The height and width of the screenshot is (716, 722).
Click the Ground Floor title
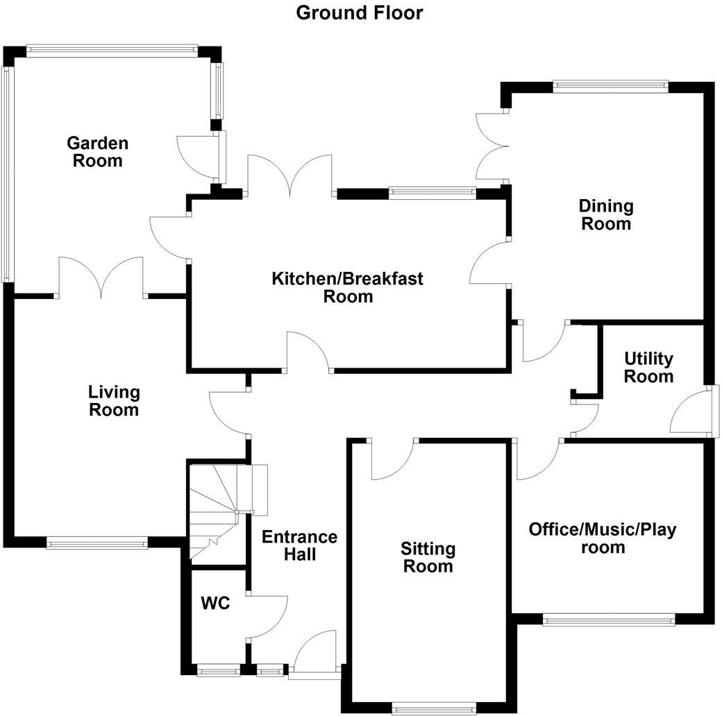click(x=359, y=13)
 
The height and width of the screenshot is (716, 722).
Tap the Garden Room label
click(x=98, y=152)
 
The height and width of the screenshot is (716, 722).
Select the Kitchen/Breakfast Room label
click(x=348, y=287)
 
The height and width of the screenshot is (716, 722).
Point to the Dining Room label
click(x=606, y=215)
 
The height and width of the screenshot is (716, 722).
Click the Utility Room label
click(x=648, y=367)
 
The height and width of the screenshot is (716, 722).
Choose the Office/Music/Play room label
click(x=603, y=538)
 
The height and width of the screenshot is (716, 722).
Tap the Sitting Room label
click(x=428, y=557)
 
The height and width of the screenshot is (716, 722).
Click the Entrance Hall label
click(x=300, y=545)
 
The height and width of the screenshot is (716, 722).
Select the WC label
click(x=215, y=603)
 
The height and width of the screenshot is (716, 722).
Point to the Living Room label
click(x=114, y=400)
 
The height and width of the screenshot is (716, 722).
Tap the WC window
click(x=219, y=670)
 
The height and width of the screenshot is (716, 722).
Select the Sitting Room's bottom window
click(x=434, y=708)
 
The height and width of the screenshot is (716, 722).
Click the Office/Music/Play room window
click(x=609, y=620)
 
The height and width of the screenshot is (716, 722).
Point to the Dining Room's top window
click(x=610, y=87)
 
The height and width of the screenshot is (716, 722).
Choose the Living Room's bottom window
click(x=97, y=543)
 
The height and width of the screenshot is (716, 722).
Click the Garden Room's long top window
click(x=112, y=51)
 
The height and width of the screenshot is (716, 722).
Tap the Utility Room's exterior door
click(x=694, y=409)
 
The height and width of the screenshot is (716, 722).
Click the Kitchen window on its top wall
click(x=432, y=194)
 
